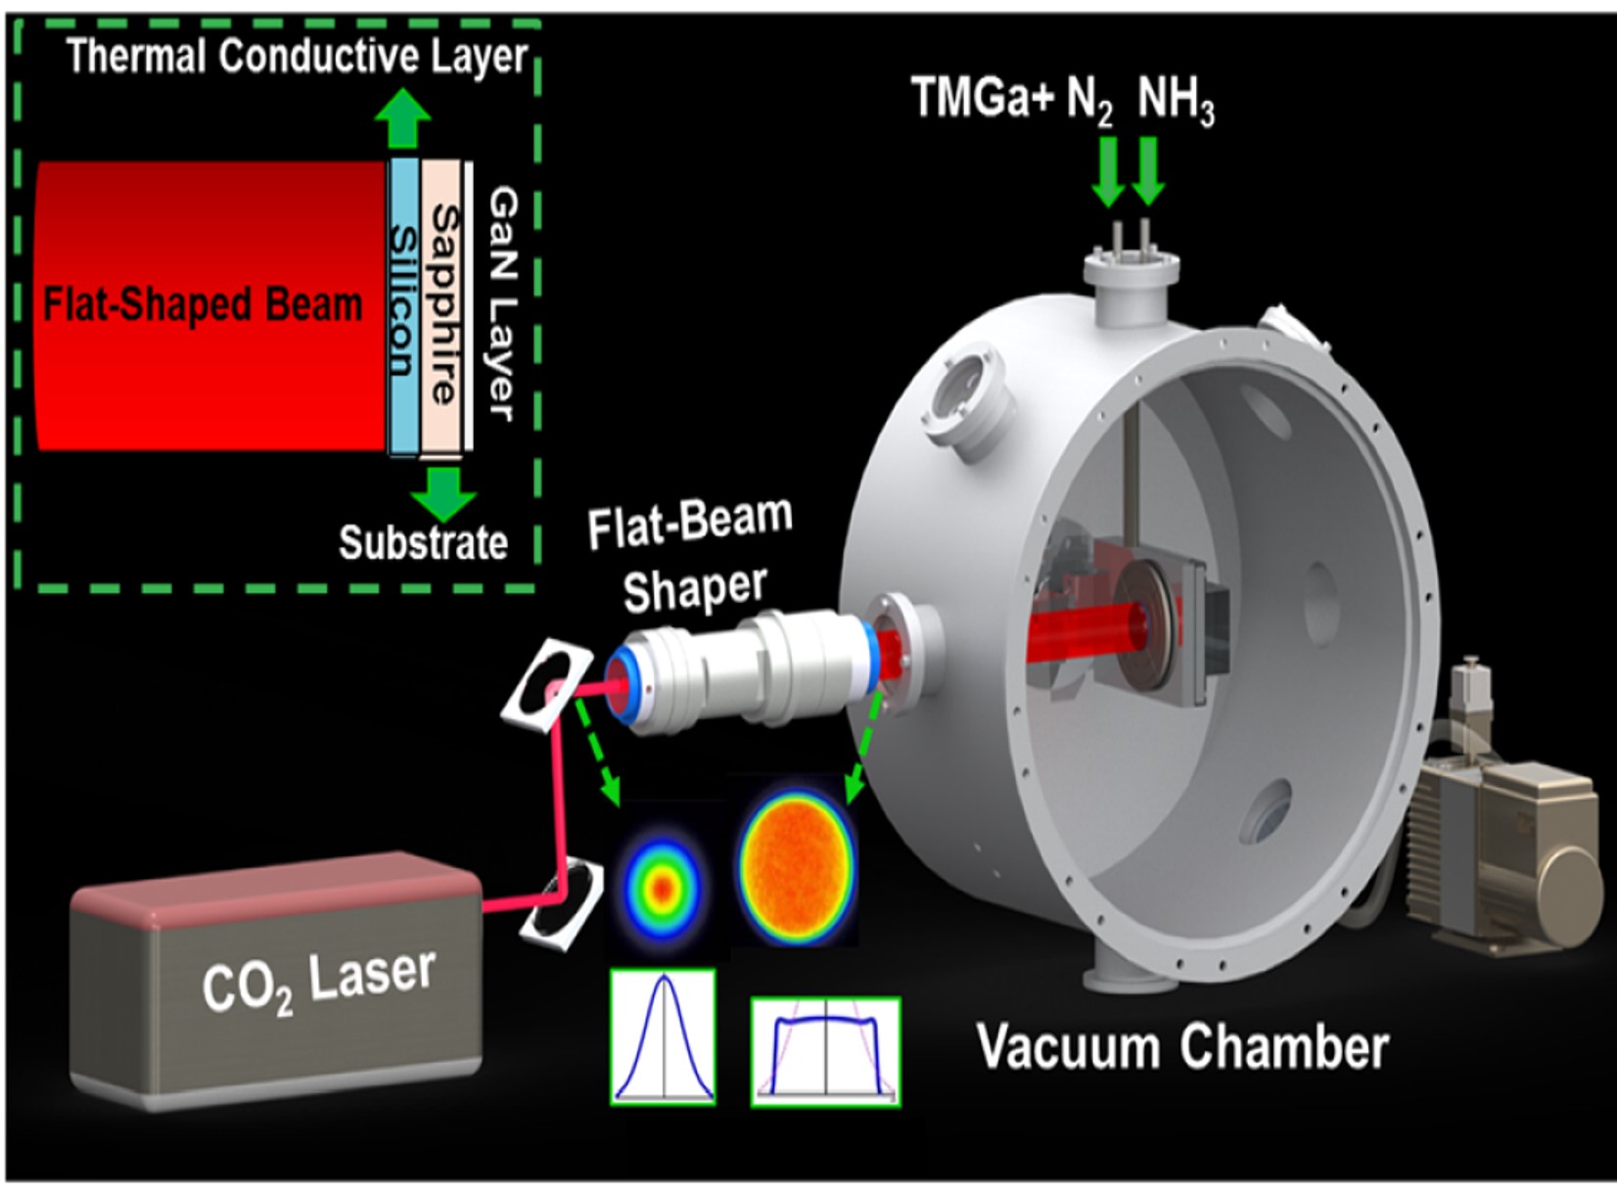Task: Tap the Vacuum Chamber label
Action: pyautogui.click(x=1182, y=1047)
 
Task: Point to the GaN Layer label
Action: pyautogui.click(x=501, y=303)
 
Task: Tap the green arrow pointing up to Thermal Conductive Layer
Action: pyautogui.click(x=403, y=119)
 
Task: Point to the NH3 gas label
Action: pyautogui.click(x=1176, y=101)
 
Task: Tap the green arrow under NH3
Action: pyautogui.click(x=1148, y=171)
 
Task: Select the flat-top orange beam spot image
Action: pyautogui.click(x=797, y=861)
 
